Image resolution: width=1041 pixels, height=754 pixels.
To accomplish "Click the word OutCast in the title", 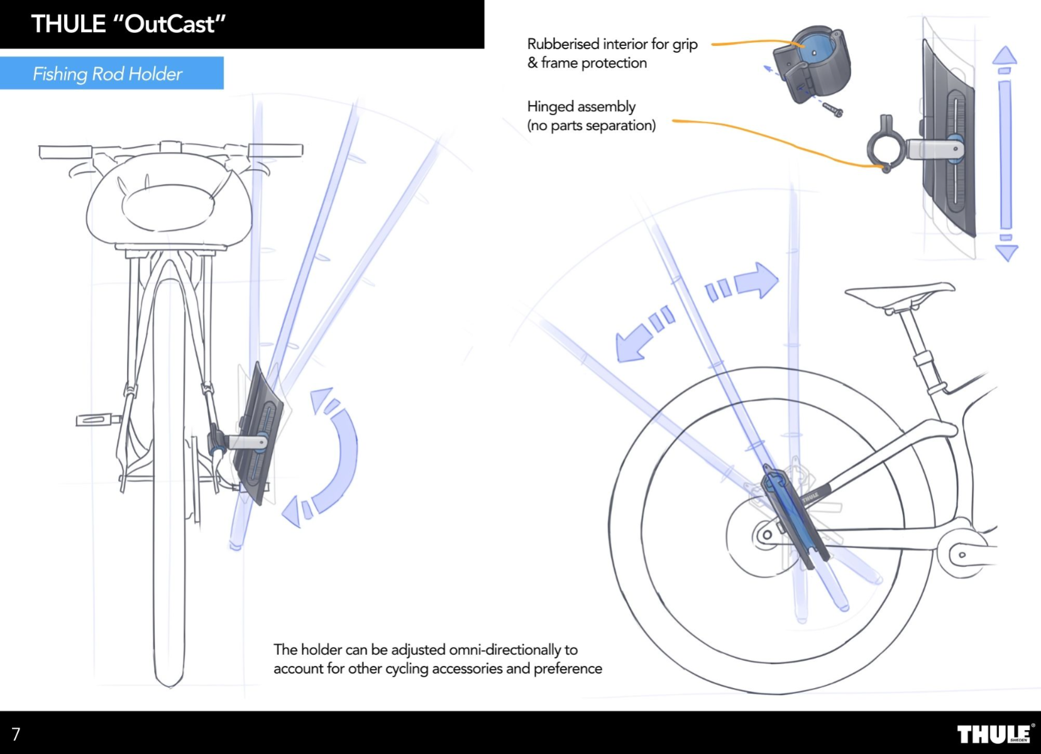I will (170, 25).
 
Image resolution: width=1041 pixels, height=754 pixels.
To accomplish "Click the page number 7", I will (16, 734).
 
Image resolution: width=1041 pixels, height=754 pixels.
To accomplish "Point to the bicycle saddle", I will (900, 293).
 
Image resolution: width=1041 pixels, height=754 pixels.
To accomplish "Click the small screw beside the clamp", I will (834, 110).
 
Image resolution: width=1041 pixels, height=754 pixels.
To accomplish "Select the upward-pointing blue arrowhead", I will (1005, 55).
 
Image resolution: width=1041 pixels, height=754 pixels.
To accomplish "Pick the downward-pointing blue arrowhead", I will (1006, 253).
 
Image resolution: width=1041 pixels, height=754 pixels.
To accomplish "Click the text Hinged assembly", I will (581, 106).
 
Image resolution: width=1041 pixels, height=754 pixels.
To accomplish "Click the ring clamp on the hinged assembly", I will (885, 149).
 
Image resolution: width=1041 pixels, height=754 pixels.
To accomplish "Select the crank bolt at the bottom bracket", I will (962, 555).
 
